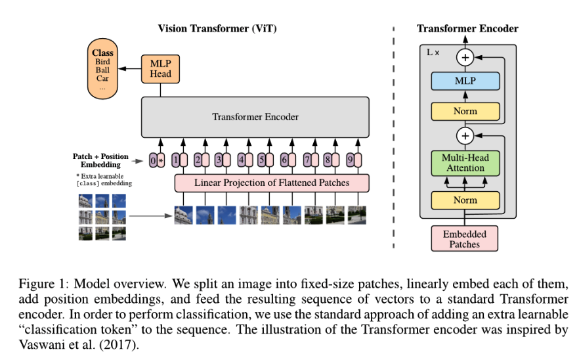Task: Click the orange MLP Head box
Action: click(x=160, y=68)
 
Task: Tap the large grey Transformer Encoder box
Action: click(x=255, y=118)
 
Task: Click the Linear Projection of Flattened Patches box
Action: click(x=272, y=182)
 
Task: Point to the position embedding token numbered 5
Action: click(x=263, y=160)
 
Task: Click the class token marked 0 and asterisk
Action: click(x=156, y=160)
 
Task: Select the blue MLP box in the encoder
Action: click(x=465, y=81)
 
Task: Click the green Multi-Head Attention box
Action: click(x=465, y=163)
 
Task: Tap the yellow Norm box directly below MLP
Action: click(x=465, y=111)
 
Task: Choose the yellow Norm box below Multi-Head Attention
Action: click(x=465, y=200)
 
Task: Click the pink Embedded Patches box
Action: click(x=465, y=238)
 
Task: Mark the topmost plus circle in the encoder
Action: click(x=465, y=57)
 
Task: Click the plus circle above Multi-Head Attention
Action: click(x=465, y=136)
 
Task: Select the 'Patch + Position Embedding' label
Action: click(x=100, y=161)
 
